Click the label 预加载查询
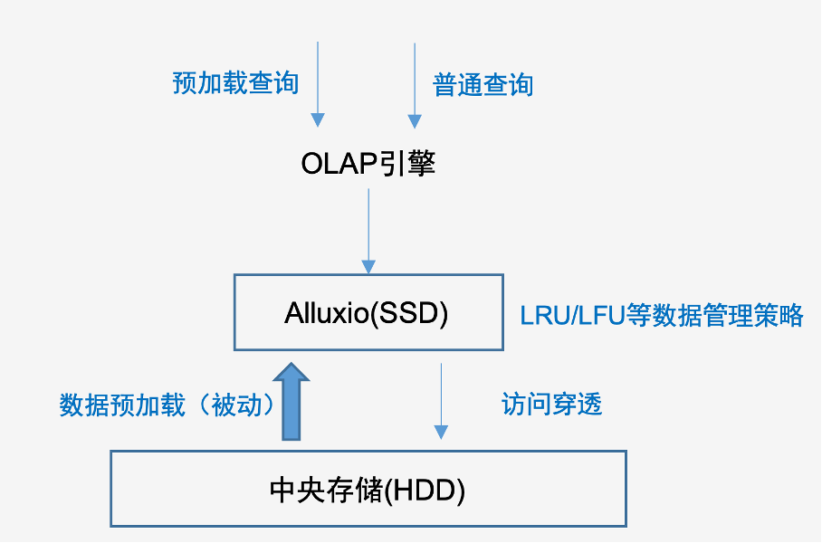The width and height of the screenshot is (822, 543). point(235,83)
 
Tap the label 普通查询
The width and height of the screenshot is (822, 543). point(483,85)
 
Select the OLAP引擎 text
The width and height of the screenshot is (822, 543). point(368,163)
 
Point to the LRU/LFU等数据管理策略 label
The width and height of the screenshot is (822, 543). point(662,315)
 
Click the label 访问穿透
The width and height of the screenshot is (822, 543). point(551,404)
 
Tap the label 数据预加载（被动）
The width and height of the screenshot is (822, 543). point(167,405)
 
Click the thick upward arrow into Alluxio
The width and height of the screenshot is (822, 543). point(292,402)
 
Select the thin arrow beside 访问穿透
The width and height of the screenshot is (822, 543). point(442,401)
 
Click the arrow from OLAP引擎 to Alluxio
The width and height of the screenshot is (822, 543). point(368,231)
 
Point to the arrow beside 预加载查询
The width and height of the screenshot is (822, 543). point(318,84)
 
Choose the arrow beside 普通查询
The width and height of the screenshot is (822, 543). point(415,85)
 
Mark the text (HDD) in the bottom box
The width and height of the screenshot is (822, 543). point(425,491)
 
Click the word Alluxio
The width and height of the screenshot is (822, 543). point(327,313)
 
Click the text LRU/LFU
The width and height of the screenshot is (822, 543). point(573,316)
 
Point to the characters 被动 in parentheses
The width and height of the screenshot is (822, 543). point(236,405)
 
